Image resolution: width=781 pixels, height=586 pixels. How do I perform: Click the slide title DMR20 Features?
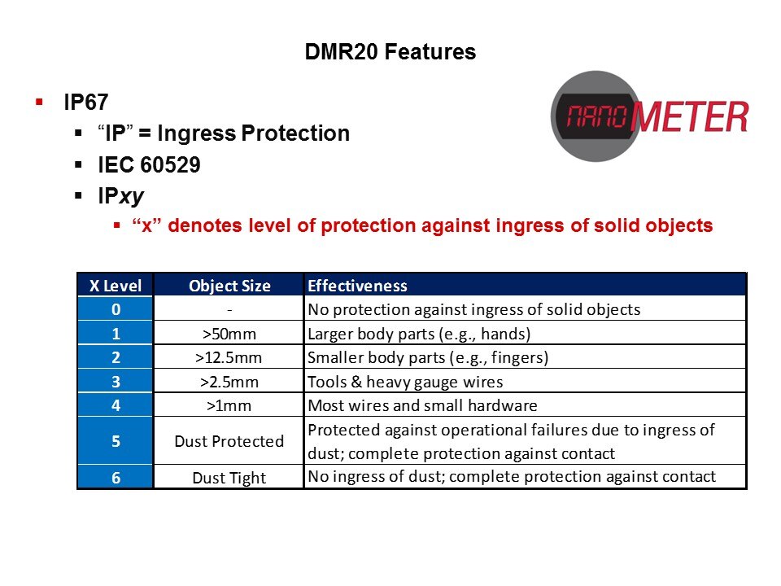[390, 52]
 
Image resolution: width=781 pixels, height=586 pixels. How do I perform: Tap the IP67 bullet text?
[86, 103]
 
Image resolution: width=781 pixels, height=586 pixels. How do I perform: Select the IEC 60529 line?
[150, 165]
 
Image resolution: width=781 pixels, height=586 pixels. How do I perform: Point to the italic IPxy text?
[121, 196]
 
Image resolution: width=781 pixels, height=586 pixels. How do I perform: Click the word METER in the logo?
[691, 117]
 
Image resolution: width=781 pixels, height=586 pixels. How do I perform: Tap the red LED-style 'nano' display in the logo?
[596, 116]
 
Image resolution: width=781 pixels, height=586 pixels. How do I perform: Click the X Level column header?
[116, 286]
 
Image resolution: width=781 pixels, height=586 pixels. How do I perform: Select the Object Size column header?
[229, 286]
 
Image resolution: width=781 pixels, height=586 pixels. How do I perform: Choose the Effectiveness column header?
[358, 286]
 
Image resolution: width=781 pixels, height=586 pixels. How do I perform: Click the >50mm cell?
[229, 334]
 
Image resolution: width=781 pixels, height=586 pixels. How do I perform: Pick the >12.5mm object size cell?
[229, 358]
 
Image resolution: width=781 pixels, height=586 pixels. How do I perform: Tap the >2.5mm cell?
[229, 383]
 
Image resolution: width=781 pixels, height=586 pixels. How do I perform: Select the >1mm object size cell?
[229, 405]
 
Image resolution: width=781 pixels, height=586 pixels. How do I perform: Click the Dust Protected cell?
[229, 441]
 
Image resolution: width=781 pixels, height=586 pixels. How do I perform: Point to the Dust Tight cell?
[229, 478]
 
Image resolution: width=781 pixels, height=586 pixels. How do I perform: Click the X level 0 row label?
[116, 309]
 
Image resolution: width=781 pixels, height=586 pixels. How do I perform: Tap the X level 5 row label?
[116, 441]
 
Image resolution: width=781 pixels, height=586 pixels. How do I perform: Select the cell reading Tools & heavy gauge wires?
[405, 382]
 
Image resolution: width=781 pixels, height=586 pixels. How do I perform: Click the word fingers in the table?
[517, 357]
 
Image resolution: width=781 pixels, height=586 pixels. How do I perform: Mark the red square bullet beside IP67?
[39, 103]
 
